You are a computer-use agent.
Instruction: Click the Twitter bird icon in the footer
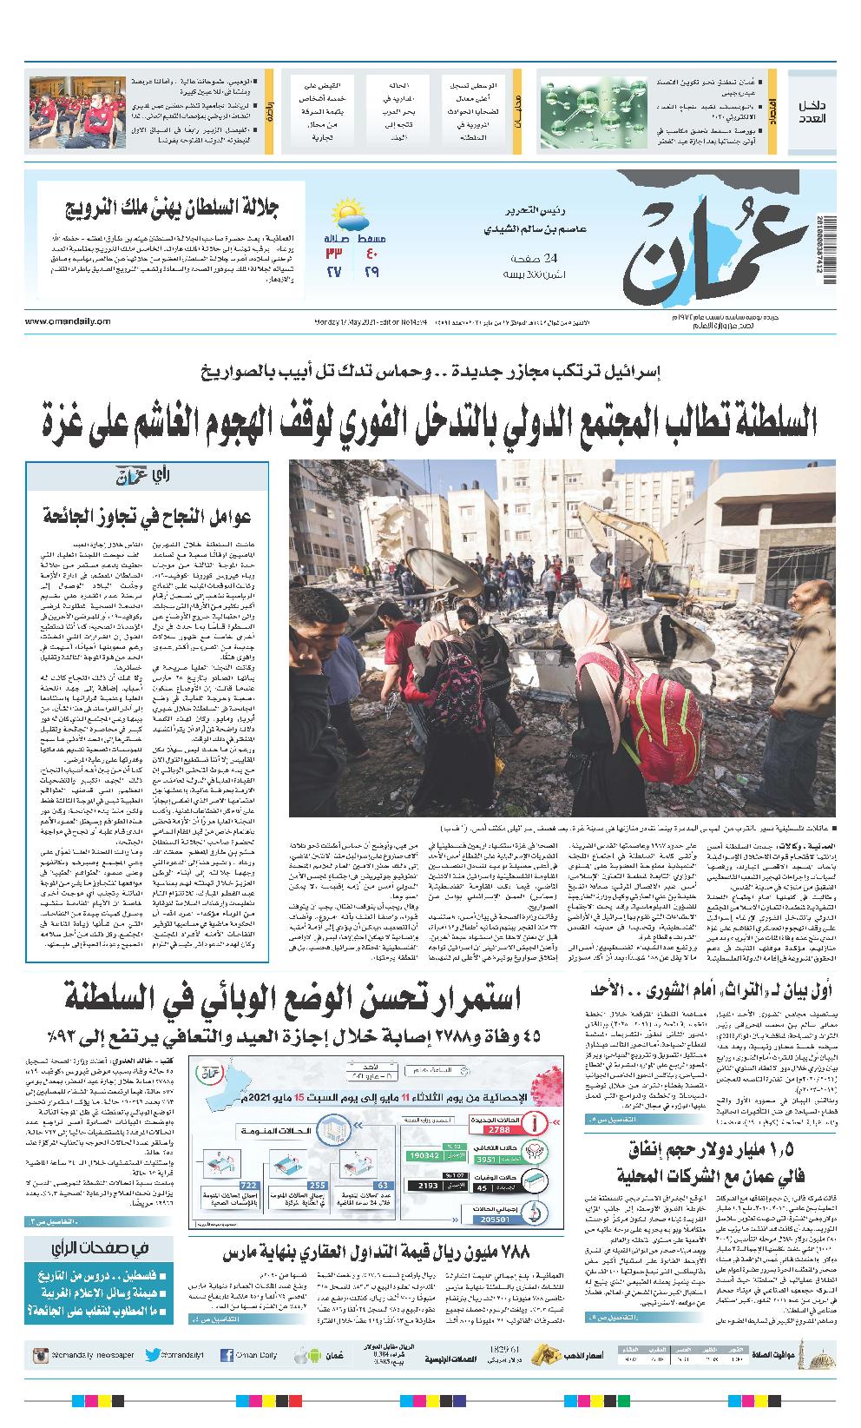coord(153,1354)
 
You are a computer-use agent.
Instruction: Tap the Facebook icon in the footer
coord(227,1354)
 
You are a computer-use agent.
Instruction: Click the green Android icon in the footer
coord(300,1354)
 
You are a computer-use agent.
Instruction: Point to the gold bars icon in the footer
coord(542,1353)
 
